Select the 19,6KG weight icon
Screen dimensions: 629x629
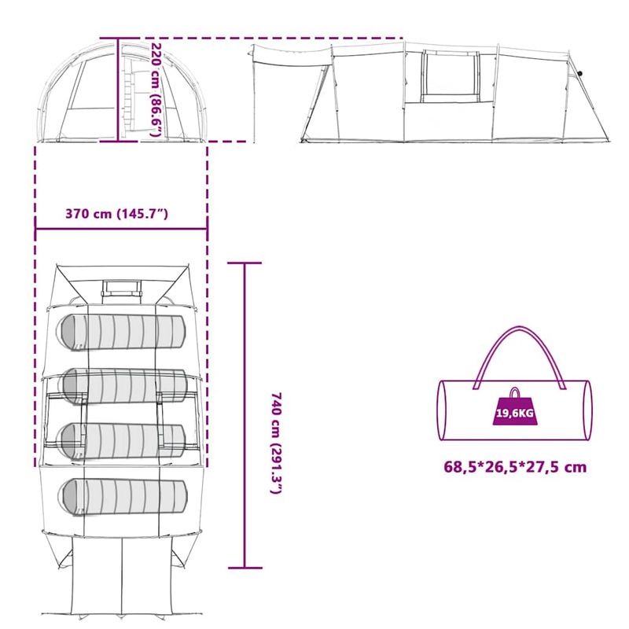(514, 409)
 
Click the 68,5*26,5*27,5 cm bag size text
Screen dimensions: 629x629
(514, 466)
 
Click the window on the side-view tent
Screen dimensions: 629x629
(450, 75)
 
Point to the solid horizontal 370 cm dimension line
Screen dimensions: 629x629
(121, 230)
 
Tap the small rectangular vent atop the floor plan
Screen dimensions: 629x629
(121, 288)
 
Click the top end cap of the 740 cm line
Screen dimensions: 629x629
(245, 263)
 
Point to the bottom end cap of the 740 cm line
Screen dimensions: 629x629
(245, 567)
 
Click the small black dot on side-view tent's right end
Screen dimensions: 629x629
(581, 74)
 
